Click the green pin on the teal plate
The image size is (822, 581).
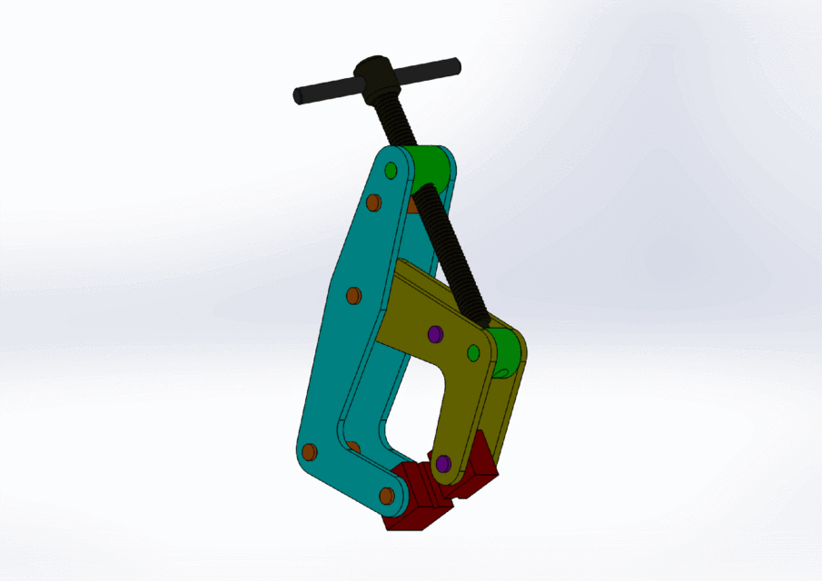391,170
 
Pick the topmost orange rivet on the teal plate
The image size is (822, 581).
371,203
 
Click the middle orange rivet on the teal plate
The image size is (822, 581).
354,295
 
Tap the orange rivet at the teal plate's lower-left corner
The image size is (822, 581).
309,451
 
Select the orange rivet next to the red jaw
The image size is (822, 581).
387,496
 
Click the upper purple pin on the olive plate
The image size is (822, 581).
434,334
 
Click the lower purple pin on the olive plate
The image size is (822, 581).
443,464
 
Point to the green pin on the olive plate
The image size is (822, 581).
473,351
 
